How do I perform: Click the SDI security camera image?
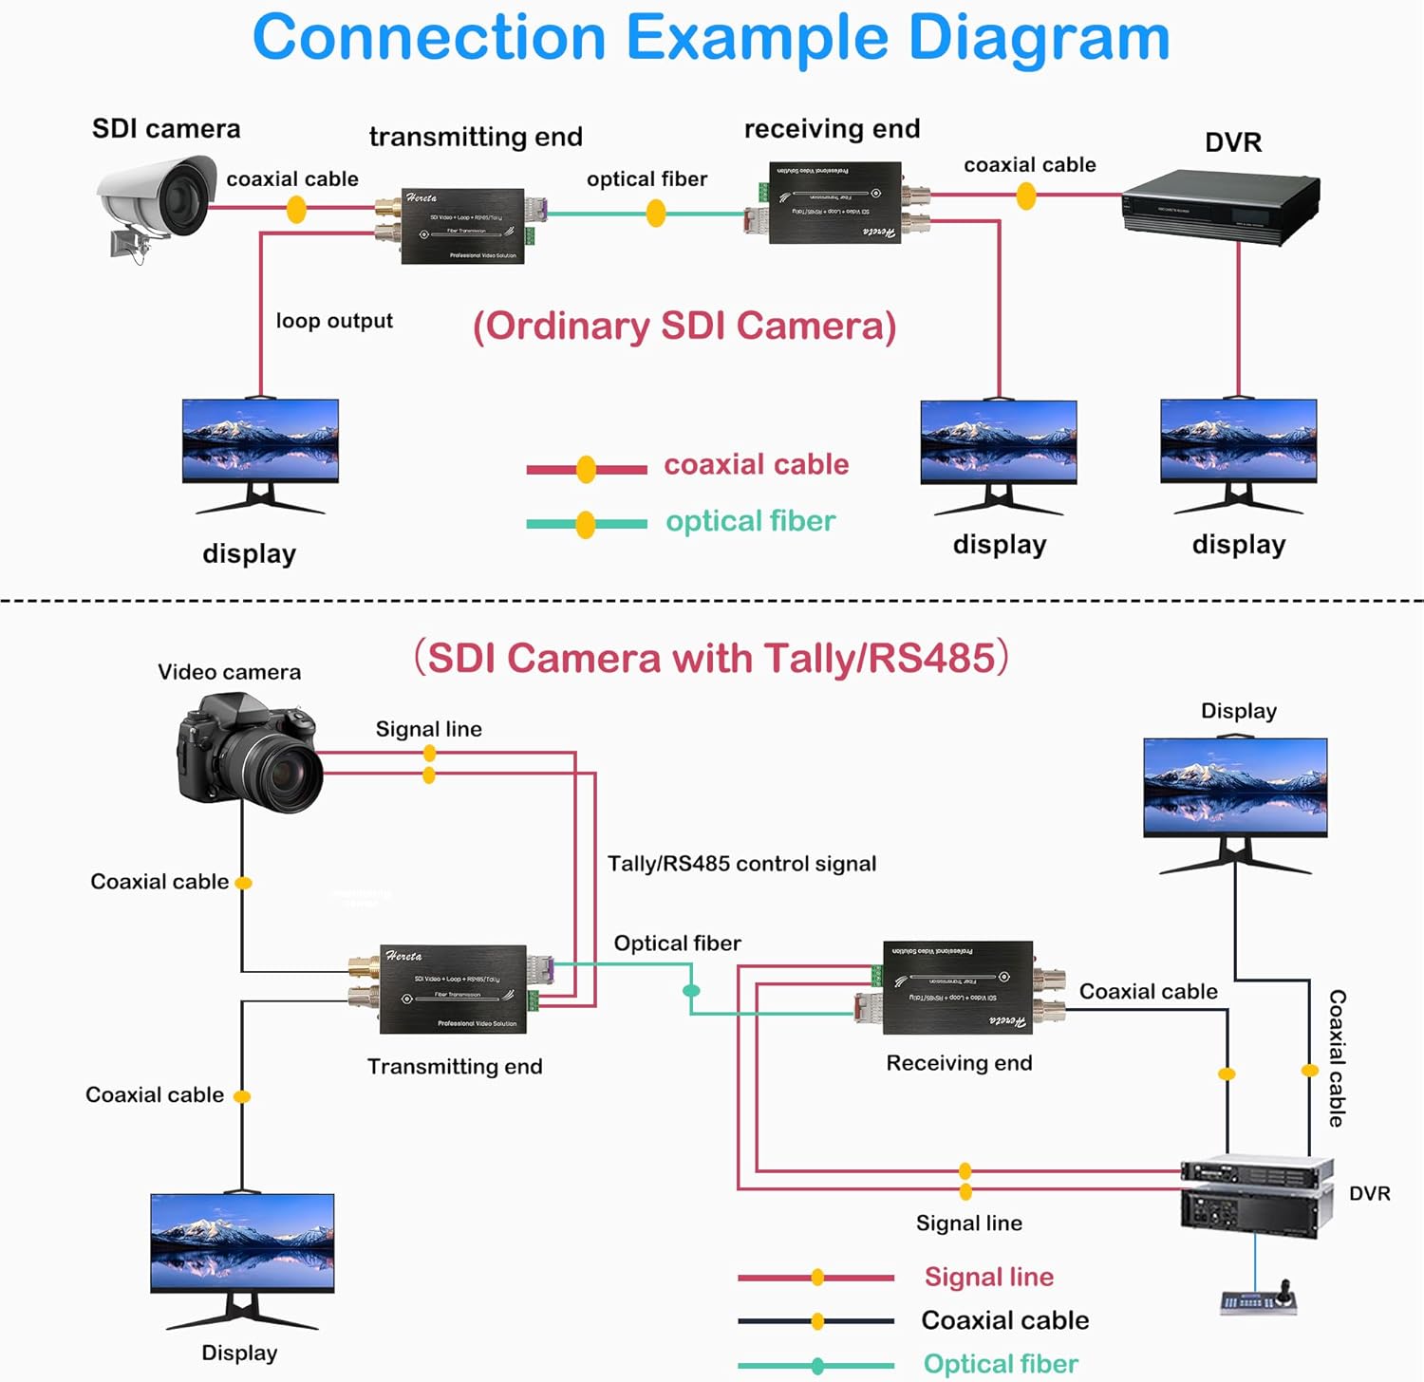[x=157, y=204]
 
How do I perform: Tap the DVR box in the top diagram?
[x=1220, y=207]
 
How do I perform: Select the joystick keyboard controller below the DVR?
[x=1259, y=1298]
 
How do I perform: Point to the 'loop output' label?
[x=334, y=321]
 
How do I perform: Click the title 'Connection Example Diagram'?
[x=711, y=38]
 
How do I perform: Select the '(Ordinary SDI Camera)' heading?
[x=684, y=326]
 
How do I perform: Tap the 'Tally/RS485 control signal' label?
[x=741, y=864]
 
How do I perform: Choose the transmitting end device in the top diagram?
[x=462, y=226]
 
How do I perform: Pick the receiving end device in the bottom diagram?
[x=959, y=987]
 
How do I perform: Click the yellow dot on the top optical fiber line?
[x=656, y=214]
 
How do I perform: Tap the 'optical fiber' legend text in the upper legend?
[x=750, y=521]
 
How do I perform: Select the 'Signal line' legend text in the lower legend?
[x=988, y=1277]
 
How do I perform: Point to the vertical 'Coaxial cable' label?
[x=1337, y=1057]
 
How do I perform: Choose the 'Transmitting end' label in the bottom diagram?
[x=455, y=1066]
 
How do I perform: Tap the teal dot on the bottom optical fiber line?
[x=692, y=991]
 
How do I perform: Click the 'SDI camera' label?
[x=166, y=129]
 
